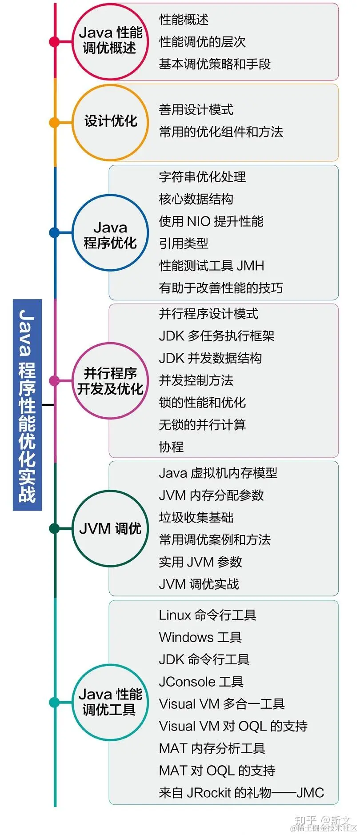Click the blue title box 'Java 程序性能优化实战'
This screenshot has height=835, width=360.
pos(27,404)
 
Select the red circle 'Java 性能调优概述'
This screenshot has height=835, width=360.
pos(110,41)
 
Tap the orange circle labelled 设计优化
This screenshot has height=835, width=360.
pos(110,122)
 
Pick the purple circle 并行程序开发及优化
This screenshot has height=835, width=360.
pos(110,381)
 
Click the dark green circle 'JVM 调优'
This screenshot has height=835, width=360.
pos(110,528)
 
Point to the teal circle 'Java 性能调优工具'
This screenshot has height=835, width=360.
pos(110,702)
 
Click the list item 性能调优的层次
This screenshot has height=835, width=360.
pos(202,42)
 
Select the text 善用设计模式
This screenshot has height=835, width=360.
pos(196,109)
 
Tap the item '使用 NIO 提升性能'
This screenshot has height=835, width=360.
pos(211,221)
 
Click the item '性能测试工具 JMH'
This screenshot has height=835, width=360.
pos(212,266)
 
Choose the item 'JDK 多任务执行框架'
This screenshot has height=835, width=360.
pos(216,336)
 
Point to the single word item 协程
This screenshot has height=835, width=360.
pos(171,447)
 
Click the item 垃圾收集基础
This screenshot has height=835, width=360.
pos(196,517)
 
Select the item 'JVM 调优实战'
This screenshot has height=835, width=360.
pos(199,584)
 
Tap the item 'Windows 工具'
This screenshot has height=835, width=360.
pos(200,637)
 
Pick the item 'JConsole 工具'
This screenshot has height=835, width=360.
pos(201,682)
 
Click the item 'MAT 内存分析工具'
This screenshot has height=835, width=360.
pos(212,748)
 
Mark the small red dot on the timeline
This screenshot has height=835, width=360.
pos(54,42)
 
